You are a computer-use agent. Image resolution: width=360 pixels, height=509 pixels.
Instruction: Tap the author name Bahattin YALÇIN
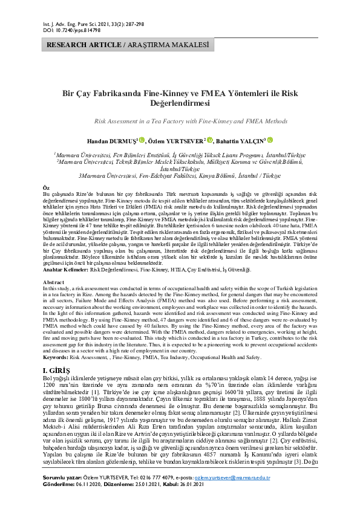(240, 140)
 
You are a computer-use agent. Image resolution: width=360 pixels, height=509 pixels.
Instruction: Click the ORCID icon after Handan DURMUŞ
(142, 140)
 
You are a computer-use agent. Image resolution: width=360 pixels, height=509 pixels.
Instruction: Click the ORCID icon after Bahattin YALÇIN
(270, 140)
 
